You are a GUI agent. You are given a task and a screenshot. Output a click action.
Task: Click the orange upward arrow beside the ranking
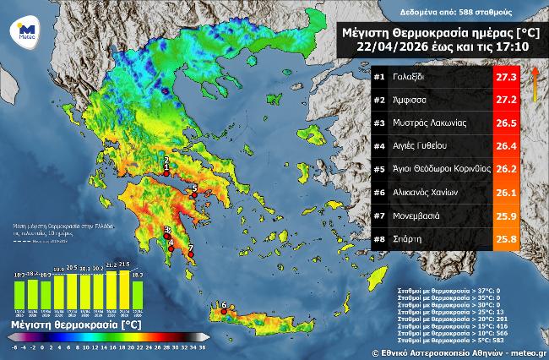coord(535,85)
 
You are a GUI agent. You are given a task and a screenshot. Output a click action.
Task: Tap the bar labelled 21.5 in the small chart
coord(125,287)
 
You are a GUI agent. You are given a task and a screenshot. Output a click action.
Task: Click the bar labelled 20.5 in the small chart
coord(72,290)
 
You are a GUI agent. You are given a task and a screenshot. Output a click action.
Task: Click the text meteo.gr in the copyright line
coord(528,351)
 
